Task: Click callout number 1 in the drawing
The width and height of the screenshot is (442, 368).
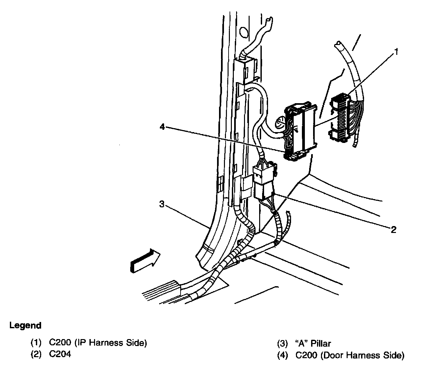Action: point(397,52)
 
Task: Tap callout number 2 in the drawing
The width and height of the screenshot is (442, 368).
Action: point(393,229)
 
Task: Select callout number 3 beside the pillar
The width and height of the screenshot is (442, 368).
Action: point(161,204)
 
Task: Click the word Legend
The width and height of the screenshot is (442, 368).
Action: point(25,326)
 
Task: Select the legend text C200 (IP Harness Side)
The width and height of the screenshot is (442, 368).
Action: point(98,343)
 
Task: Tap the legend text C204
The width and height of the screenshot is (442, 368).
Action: point(60,354)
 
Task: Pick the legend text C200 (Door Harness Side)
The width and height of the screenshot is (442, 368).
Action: point(350,355)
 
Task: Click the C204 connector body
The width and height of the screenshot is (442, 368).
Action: point(264,182)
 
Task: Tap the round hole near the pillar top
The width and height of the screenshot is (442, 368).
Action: point(244,32)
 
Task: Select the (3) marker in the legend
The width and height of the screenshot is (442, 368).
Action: point(282,344)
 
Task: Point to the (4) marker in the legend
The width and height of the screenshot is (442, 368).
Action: point(282,355)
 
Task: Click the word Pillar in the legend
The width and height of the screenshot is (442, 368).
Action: point(320,344)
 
